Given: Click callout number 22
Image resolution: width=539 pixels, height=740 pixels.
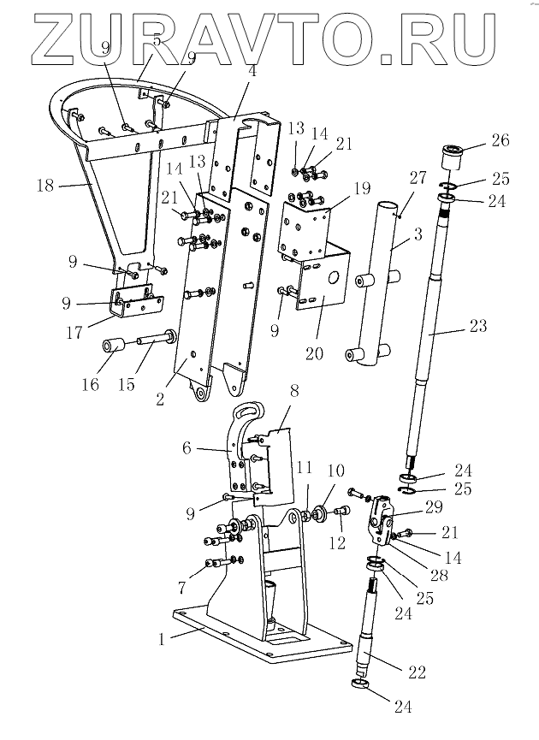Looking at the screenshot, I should pyautogui.click(x=417, y=673).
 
